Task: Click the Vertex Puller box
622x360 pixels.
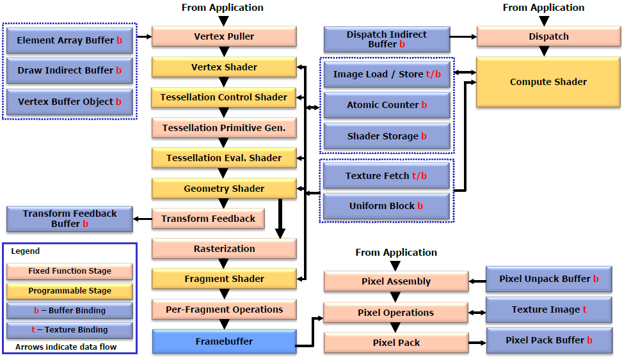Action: (x=224, y=36)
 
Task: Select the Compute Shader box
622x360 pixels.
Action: (x=548, y=82)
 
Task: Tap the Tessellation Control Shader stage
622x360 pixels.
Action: (x=224, y=97)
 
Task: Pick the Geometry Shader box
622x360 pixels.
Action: (x=224, y=189)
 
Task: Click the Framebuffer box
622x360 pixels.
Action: (x=224, y=341)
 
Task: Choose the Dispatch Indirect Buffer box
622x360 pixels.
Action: (x=387, y=39)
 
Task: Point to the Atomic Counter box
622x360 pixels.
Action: (x=387, y=105)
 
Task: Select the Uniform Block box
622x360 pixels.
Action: (x=387, y=206)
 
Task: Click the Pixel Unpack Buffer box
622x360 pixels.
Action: (x=548, y=279)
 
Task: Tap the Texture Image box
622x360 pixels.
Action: (x=548, y=309)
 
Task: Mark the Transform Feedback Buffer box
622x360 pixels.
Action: (x=70, y=219)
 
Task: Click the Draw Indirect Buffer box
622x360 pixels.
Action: (x=70, y=70)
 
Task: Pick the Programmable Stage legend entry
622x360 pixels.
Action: (x=70, y=291)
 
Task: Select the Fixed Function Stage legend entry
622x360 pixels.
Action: (x=70, y=271)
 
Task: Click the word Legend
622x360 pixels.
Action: (x=25, y=251)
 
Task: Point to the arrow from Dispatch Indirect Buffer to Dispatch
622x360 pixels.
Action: (x=463, y=36)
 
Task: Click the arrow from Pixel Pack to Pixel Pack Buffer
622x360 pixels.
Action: (x=477, y=343)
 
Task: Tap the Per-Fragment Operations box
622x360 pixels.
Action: (x=224, y=309)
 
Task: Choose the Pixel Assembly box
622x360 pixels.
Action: (x=395, y=281)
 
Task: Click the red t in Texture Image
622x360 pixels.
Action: (x=585, y=309)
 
